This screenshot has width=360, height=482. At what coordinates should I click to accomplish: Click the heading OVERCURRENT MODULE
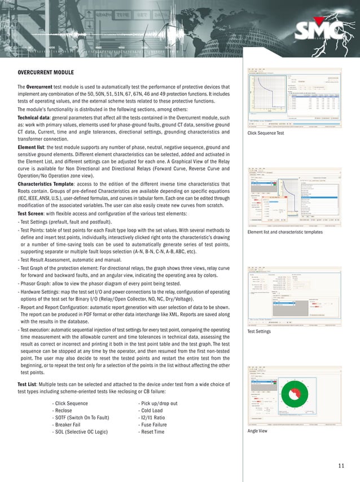pyautogui.click(x=45, y=73)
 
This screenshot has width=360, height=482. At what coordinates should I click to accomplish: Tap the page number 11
pyautogui.click(x=341, y=465)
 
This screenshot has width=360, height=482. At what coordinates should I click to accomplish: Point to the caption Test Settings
pyautogui.click(x=260, y=331)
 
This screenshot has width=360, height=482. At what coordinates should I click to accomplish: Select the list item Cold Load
pyautogui.click(x=153, y=410)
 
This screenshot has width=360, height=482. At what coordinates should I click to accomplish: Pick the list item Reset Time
pyautogui.click(x=154, y=431)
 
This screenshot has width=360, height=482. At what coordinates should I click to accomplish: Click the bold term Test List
pyautogui.click(x=29, y=383)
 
